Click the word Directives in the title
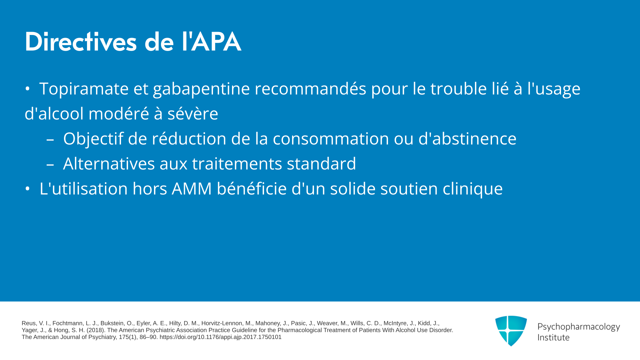(81, 42)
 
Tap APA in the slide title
(216, 42)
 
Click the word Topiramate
(84, 89)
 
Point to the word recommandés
(311, 89)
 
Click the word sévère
(193, 114)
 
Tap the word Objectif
(93, 139)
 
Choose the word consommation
(331, 139)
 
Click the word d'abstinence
(467, 138)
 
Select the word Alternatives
(109, 163)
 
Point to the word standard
(321, 163)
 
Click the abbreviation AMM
(192, 189)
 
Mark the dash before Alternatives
(50, 164)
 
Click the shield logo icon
(511, 331)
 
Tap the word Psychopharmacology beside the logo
(579, 327)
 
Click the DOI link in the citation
(221, 337)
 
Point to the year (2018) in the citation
(95, 330)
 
